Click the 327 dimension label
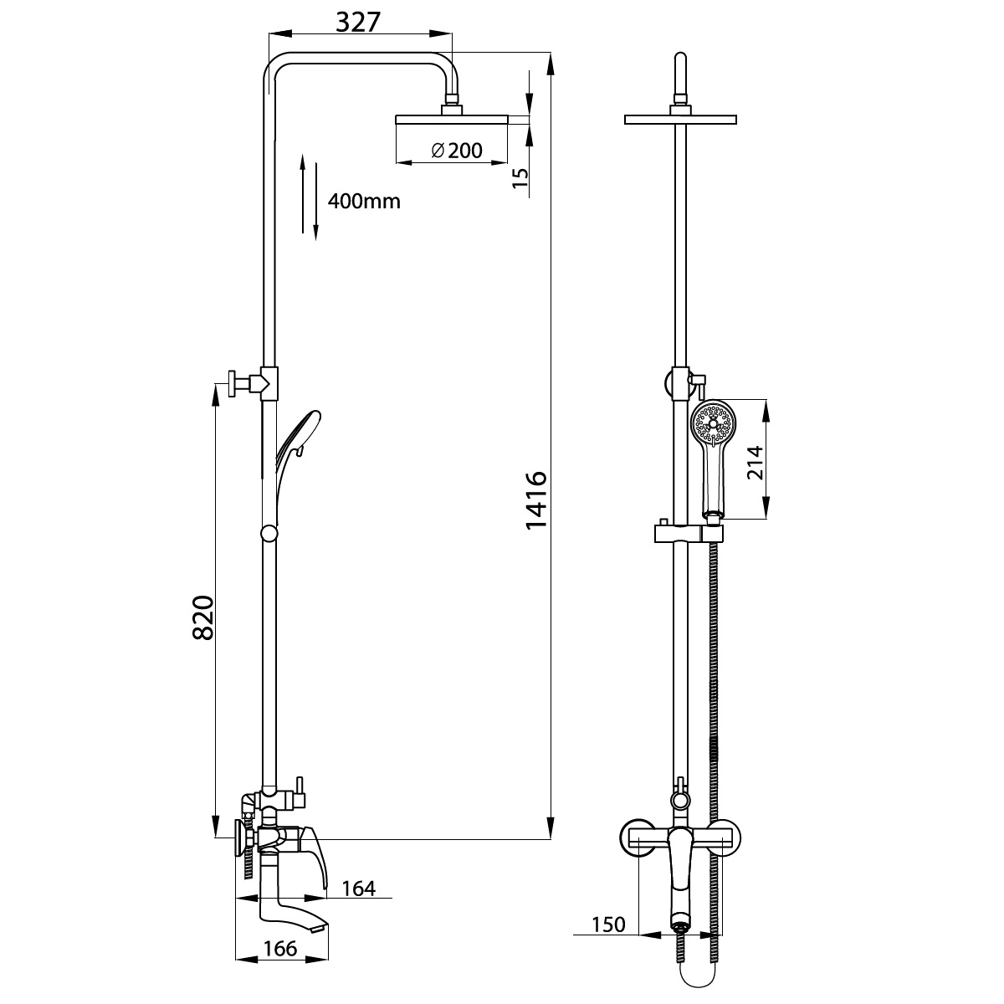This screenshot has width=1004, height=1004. tap(358, 22)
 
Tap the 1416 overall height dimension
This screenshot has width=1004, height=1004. tap(536, 500)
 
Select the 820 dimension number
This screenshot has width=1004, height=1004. tap(202, 617)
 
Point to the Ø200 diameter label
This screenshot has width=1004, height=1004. tap(457, 151)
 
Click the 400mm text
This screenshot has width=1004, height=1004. tap(364, 201)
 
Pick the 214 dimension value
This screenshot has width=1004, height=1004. tap(755, 463)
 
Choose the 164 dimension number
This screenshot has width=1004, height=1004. tap(359, 889)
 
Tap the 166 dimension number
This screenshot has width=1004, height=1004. tap(280, 948)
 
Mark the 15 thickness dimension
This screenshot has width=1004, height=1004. tap(520, 178)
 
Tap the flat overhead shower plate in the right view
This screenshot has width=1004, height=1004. tap(680, 120)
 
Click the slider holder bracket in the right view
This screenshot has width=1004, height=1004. tap(689, 534)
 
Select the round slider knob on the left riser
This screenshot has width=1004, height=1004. tap(269, 534)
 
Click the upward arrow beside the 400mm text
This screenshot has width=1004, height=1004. tap(303, 193)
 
